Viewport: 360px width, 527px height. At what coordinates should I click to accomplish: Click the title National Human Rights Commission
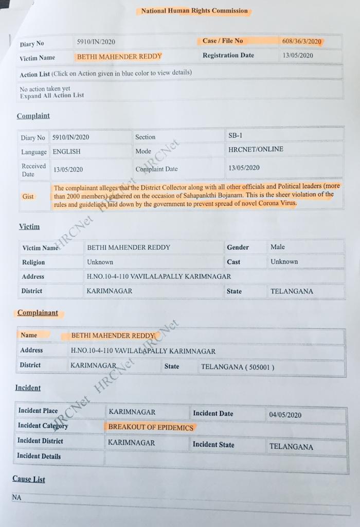click(x=194, y=11)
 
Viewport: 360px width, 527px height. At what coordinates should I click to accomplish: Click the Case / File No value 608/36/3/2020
click(x=301, y=41)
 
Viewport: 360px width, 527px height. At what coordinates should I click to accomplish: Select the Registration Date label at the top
click(x=228, y=56)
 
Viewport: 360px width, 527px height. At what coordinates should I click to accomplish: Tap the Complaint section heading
click(x=33, y=116)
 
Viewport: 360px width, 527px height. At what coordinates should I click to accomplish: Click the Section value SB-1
click(x=235, y=135)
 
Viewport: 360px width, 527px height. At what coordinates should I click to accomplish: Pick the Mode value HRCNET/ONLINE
click(x=256, y=150)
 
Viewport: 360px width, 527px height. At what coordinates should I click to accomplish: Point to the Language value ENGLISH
click(x=66, y=152)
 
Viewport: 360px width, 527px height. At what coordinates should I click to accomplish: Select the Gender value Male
click(x=278, y=247)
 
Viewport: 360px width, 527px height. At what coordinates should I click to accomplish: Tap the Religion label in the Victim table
click(x=33, y=262)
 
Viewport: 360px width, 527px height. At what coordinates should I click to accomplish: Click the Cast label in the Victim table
click(x=233, y=262)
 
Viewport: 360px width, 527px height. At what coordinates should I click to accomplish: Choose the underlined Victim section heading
click(x=29, y=227)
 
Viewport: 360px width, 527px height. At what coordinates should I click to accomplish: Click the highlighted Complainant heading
click(x=38, y=313)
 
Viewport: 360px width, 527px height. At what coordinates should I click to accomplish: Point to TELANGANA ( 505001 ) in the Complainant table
click(x=238, y=367)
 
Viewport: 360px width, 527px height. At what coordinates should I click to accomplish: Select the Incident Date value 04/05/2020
click(x=285, y=415)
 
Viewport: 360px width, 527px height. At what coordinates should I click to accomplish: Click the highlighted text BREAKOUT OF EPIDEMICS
click(x=151, y=427)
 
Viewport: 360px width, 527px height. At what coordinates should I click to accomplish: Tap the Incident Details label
click(x=39, y=456)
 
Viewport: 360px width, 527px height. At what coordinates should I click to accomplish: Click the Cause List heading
click(x=29, y=479)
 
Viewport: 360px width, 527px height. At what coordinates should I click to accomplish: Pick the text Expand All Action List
click(x=52, y=95)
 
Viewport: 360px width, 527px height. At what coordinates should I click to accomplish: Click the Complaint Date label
click(x=156, y=169)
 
